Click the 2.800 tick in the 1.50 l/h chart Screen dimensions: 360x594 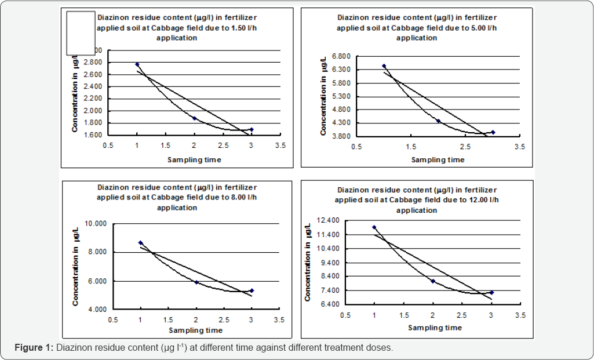pyautogui.click(x=93, y=63)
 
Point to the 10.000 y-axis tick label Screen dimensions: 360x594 pyautogui.click(x=97, y=223)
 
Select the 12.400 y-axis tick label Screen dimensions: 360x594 pyautogui.click(x=330, y=220)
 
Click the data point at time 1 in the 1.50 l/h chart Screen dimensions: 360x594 pyautogui.click(x=137, y=64)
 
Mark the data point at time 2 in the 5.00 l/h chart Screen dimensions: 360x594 pyautogui.click(x=439, y=121)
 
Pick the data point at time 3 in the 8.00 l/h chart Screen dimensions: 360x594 pyautogui.click(x=252, y=290)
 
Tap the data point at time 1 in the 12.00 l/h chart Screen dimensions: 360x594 pyautogui.click(x=374, y=227)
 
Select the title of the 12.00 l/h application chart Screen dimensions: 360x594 pyautogui.click(x=417, y=199)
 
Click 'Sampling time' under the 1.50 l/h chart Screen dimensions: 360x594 pyautogui.click(x=194, y=159)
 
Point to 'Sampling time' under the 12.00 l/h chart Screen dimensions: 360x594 pyautogui.click(x=435, y=328)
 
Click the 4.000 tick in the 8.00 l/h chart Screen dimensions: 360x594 pyautogui.click(x=97, y=310)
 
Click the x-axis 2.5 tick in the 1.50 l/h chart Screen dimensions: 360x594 pyautogui.click(x=223, y=146)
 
